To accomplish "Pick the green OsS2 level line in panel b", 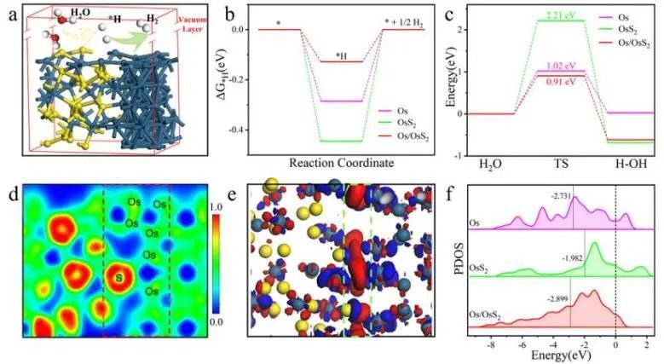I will (x=341, y=141).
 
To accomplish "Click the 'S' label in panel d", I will (x=118, y=276).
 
